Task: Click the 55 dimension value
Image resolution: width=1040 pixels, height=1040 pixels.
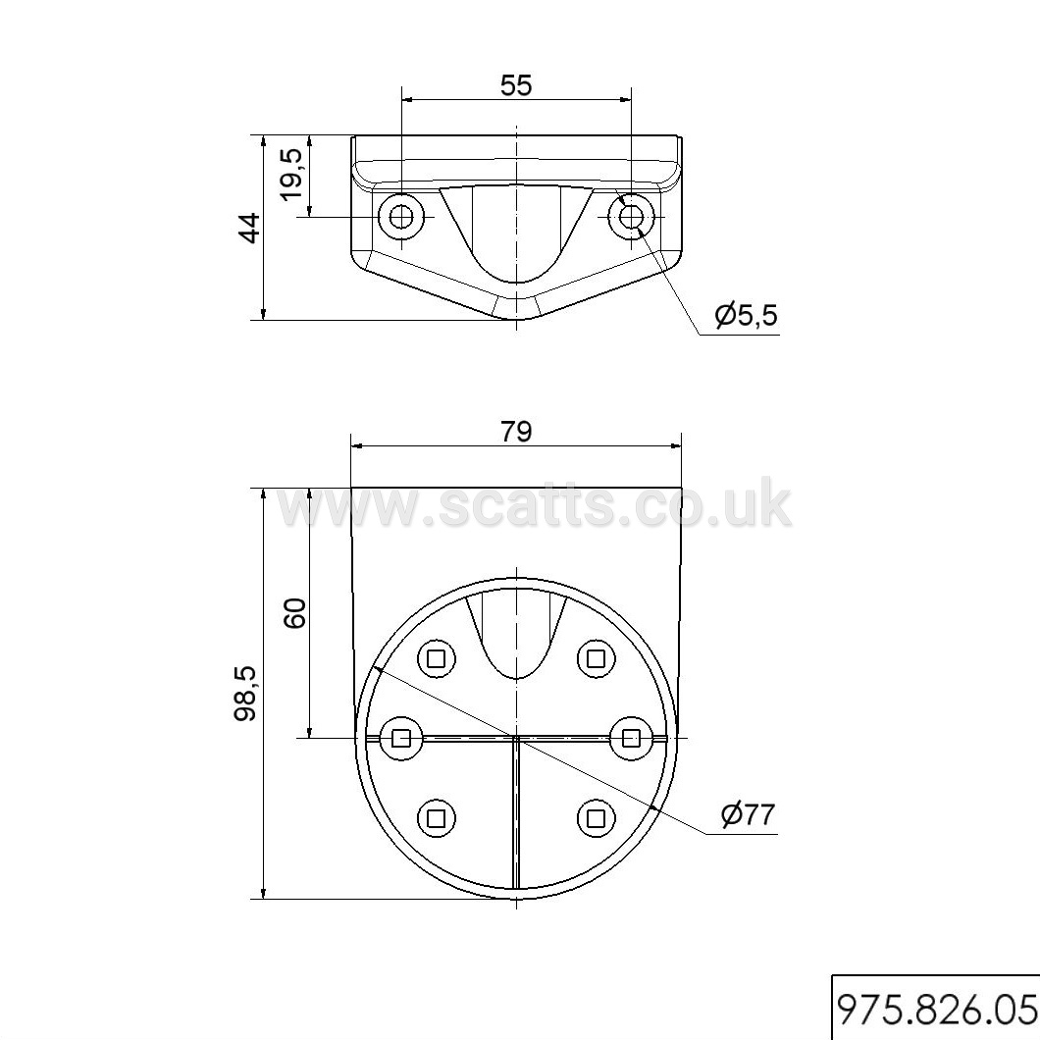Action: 516,85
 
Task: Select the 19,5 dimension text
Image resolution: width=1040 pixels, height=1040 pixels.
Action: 291,173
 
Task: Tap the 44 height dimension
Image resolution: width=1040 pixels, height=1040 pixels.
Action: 249,229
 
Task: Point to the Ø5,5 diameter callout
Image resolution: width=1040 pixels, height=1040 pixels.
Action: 746,315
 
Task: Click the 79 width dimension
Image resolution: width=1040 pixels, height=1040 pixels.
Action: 516,432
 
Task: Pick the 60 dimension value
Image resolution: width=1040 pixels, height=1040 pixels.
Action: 295,613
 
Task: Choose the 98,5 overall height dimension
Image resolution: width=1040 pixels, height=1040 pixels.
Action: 245,694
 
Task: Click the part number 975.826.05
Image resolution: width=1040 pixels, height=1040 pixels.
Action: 936,1009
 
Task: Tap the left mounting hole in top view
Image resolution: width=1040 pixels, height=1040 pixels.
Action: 401,216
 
